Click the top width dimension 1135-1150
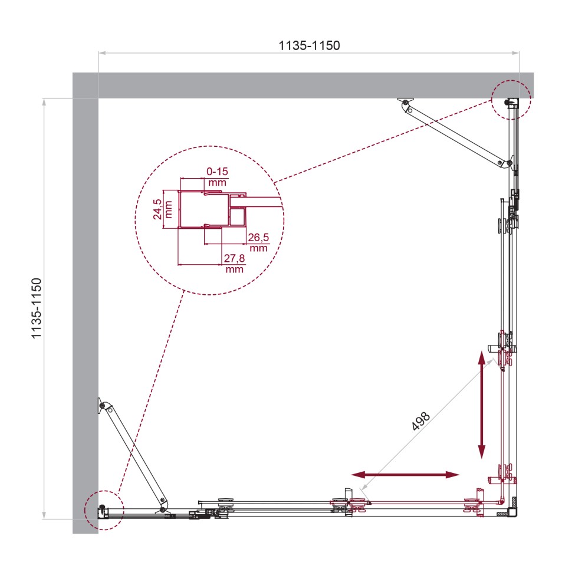[x=310, y=45]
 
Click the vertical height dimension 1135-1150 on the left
[x=37, y=308]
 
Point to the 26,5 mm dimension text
[x=258, y=242]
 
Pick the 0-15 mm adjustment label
[x=217, y=176]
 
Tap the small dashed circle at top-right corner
[x=511, y=100]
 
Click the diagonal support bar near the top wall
[x=454, y=134]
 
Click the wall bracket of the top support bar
[x=405, y=102]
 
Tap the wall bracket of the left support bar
[x=102, y=405]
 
